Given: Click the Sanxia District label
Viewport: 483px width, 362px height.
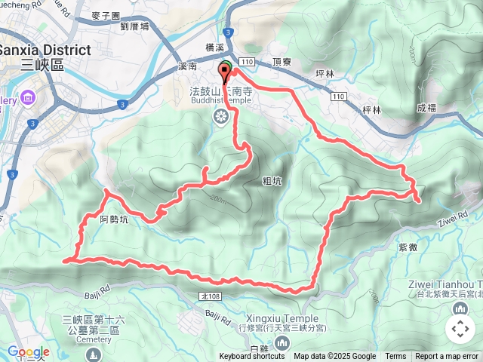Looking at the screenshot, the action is (45, 50).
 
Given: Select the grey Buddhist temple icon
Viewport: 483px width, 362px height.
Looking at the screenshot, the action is (221, 116).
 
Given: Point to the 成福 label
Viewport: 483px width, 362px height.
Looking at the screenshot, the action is (426, 108).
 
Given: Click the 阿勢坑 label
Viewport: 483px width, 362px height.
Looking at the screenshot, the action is (114, 219).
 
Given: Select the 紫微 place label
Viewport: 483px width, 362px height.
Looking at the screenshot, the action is (408, 247).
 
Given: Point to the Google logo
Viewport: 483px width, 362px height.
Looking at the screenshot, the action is (28, 352).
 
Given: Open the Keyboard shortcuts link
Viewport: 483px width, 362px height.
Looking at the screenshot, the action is (252, 357).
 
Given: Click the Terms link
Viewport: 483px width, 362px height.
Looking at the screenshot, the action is (395, 357).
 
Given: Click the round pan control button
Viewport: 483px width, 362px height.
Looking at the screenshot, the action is (460, 328).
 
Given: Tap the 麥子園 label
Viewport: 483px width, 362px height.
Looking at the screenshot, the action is (105, 15).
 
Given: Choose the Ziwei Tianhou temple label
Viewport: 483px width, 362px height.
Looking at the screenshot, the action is (445, 283).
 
